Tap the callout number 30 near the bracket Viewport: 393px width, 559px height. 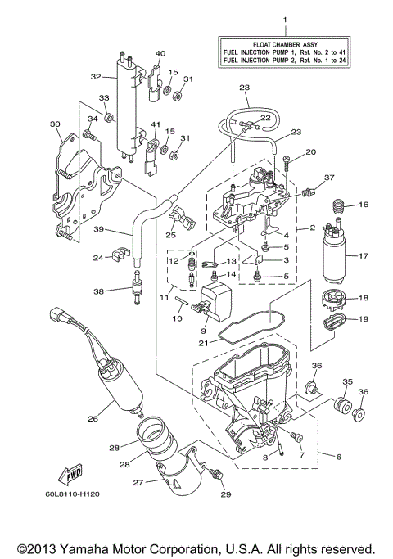point(55,124)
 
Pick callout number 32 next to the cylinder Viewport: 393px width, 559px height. point(96,77)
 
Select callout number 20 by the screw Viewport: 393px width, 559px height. point(311,152)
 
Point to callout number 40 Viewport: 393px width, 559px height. point(160,53)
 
